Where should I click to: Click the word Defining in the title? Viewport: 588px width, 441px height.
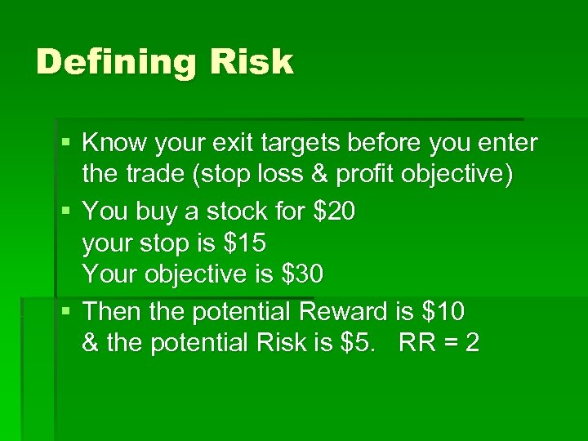106,63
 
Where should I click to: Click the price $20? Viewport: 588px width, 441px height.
334,212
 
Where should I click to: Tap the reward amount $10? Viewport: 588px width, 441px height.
443,311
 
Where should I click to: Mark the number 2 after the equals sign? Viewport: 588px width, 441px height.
471,344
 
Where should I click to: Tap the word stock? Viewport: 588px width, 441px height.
231,212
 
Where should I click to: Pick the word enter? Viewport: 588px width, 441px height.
509,145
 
